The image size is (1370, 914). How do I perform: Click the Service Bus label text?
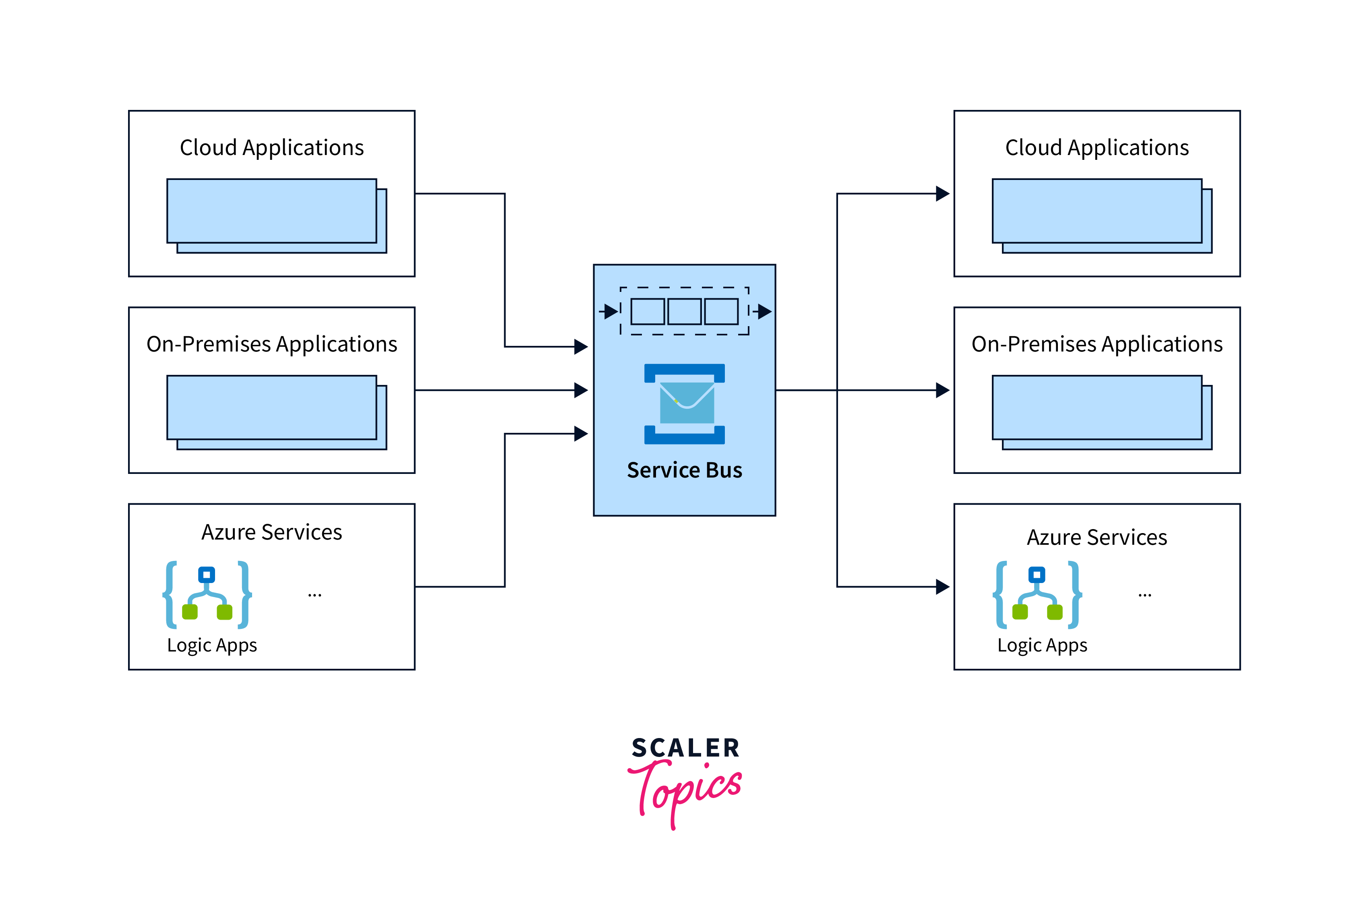(x=685, y=470)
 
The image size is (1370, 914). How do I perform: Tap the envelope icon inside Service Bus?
(x=686, y=403)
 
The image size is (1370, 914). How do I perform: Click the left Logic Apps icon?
(x=207, y=595)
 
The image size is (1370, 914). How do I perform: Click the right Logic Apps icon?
(x=1037, y=595)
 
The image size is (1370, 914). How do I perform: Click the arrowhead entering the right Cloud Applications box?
(x=942, y=194)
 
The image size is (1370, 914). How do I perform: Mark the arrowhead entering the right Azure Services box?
(x=942, y=586)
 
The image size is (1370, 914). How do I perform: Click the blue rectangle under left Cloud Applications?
(x=272, y=211)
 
